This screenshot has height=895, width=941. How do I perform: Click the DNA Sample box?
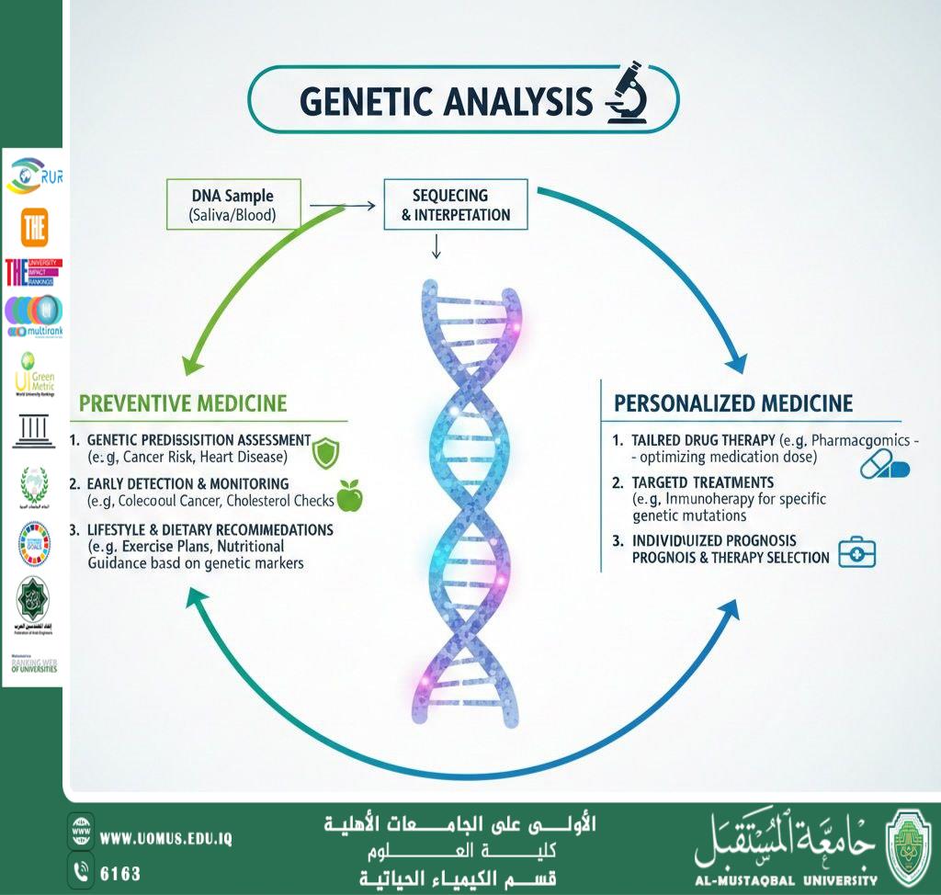tap(232, 205)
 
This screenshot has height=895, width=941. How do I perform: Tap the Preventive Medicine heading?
tap(183, 403)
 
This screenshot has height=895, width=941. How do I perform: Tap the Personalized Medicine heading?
tap(733, 403)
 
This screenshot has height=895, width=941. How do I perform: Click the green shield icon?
tap(326, 452)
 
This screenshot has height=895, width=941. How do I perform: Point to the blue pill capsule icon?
tap(884, 465)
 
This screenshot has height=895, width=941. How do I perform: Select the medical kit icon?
tap(857, 553)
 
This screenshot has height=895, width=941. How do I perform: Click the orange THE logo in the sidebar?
tap(34, 226)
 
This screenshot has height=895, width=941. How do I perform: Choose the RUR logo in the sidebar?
tap(34, 176)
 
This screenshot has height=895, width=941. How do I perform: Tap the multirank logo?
tap(34, 315)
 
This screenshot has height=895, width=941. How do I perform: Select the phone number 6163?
tap(119, 871)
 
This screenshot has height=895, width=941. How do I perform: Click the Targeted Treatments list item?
tap(702, 482)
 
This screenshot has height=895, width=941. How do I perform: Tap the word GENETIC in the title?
tap(367, 101)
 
